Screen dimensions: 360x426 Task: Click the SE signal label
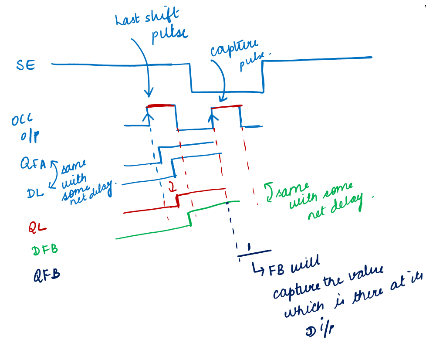click(x=26, y=66)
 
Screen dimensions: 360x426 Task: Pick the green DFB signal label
click(x=45, y=250)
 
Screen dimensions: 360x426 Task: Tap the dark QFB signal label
click(x=47, y=275)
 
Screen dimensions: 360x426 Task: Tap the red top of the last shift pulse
click(x=161, y=106)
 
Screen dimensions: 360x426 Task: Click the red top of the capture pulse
click(x=227, y=107)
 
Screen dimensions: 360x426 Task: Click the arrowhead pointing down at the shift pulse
click(x=148, y=93)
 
